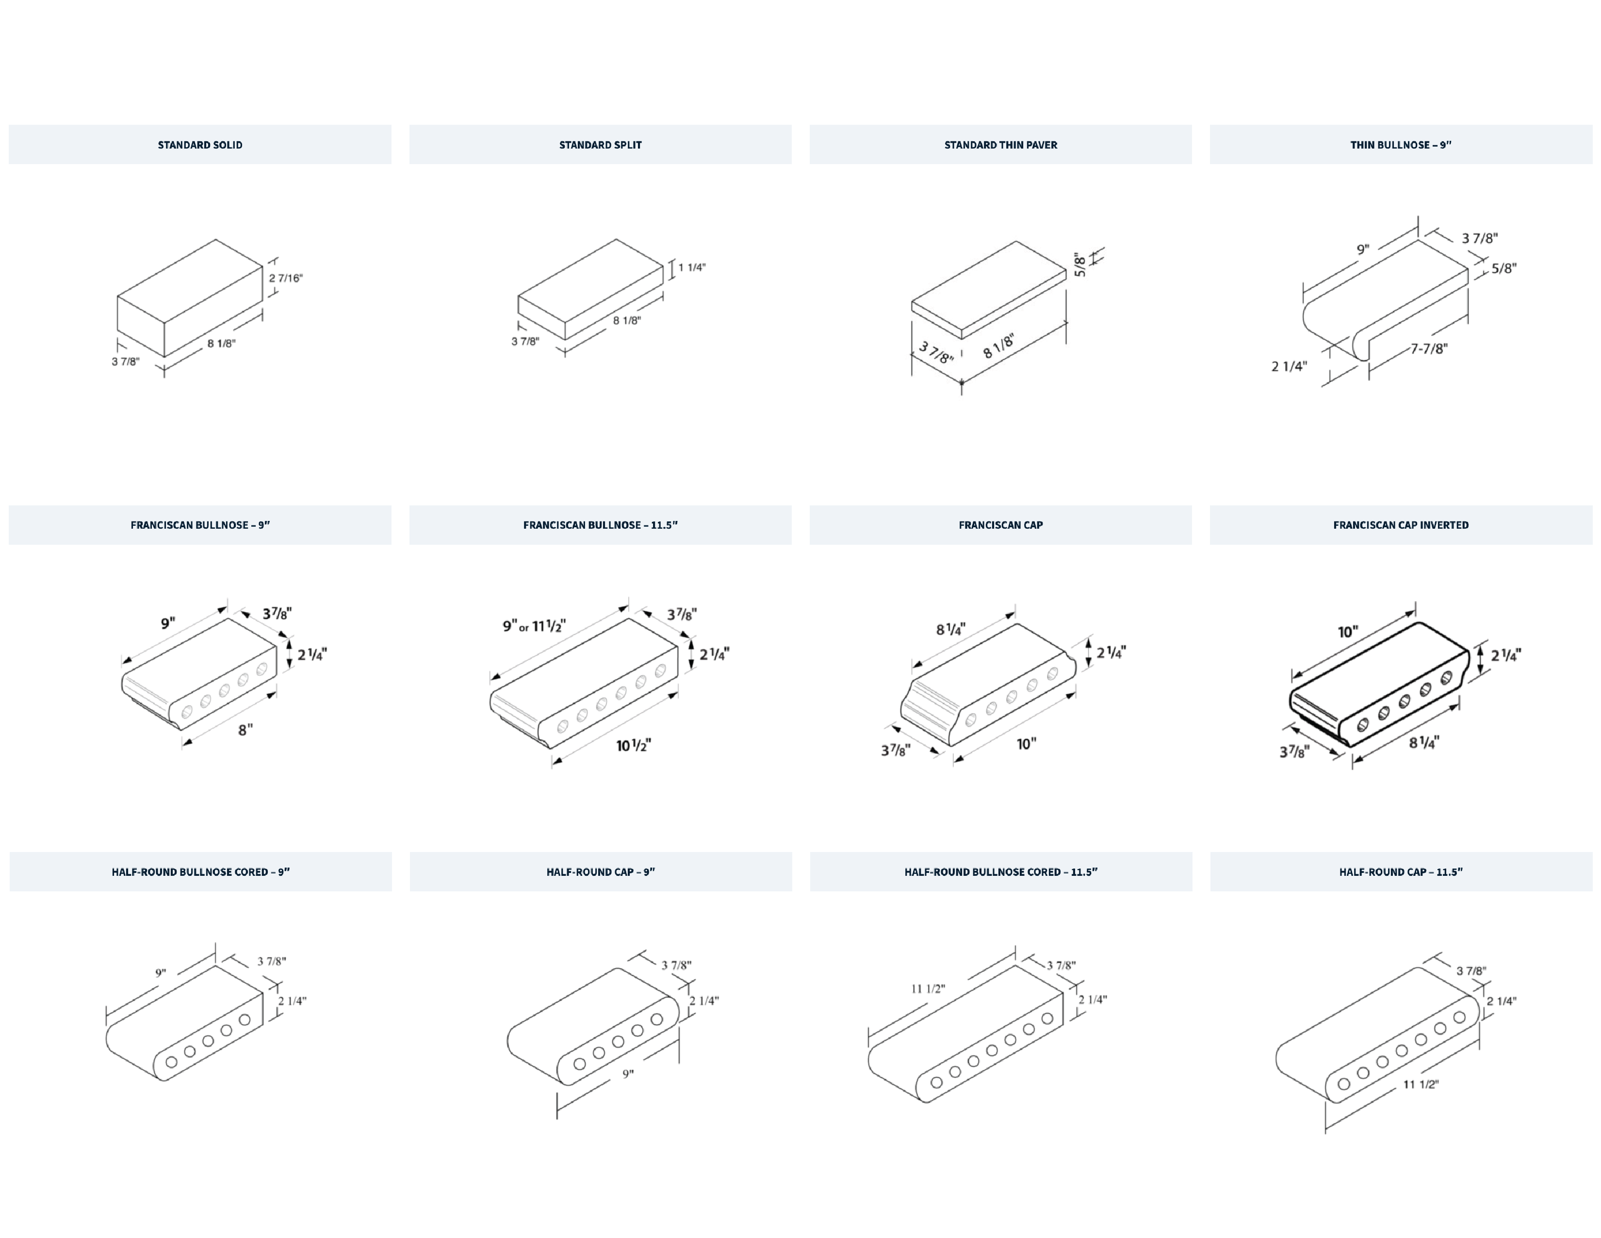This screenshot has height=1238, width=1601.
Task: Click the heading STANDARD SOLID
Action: [200, 145]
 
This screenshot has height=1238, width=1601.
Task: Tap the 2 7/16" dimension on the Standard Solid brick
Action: [286, 278]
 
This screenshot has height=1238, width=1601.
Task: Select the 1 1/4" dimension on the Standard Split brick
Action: [692, 267]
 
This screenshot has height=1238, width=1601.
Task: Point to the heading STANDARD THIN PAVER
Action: [1000, 145]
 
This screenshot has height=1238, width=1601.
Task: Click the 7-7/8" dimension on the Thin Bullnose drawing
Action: [1429, 349]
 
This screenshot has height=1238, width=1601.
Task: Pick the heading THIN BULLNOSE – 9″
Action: [1401, 145]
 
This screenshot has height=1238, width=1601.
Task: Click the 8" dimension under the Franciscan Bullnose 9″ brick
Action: [245, 730]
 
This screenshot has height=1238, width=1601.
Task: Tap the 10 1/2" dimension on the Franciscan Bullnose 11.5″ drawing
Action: [633, 745]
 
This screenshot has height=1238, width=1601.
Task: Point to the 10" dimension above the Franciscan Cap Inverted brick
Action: [1347, 632]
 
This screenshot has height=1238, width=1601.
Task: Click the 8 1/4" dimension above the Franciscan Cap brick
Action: [951, 629]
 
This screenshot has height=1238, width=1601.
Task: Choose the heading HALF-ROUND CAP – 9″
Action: [601, 872]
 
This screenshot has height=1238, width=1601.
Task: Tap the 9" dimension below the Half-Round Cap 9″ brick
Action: [628, 1074]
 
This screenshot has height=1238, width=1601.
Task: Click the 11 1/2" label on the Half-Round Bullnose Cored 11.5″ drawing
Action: [928, 988]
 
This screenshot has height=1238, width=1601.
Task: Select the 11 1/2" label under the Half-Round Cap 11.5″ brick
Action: [1421, 1085]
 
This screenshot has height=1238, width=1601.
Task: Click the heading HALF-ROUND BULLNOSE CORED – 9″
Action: [200, 872]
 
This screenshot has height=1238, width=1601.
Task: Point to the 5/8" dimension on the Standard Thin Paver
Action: [1080, 265]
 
